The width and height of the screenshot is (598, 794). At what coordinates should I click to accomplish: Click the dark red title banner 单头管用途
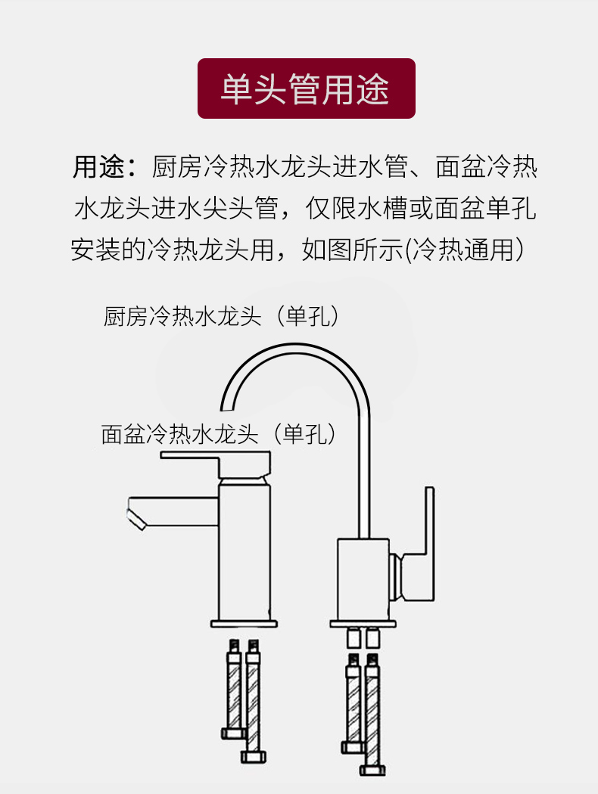[306, 88]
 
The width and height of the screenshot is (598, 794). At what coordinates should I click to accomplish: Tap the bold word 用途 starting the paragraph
[98, 166]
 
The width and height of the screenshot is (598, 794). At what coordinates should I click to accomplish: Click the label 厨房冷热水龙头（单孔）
[220, 315]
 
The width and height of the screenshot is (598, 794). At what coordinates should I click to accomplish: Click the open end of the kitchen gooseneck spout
[226, 402]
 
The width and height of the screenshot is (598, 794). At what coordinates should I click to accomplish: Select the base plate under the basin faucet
[244, 625]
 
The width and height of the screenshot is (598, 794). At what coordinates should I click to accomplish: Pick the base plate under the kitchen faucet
[363, 625]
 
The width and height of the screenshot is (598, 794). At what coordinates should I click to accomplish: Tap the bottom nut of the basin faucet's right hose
[251, 756]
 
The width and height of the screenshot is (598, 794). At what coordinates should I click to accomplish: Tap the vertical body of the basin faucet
[244, 552]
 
